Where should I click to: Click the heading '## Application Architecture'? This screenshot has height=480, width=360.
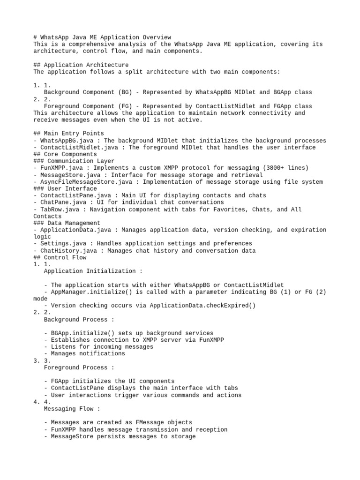pos(81,65)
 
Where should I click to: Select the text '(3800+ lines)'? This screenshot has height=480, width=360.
pos(286,168)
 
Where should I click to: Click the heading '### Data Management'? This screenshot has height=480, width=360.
pos(67,223)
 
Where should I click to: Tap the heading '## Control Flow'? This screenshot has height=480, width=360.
pos(60,257)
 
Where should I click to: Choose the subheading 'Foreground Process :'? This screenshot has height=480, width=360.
pos(79,367)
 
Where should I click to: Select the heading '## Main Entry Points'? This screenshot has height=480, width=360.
pos(68,134)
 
